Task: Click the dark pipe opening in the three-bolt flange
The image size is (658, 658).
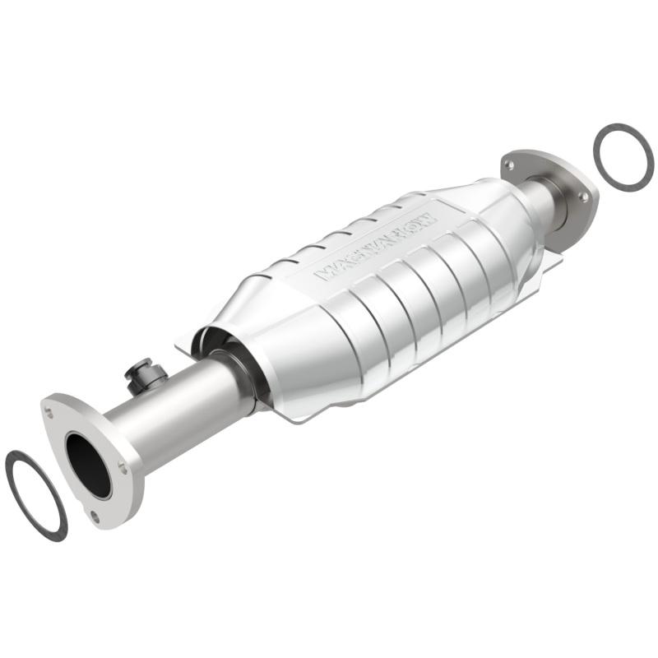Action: (x=88, y=465)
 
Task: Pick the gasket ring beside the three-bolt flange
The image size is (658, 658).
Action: (x=35, y=495)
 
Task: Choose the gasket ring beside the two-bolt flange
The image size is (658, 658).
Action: (x=623, y=157)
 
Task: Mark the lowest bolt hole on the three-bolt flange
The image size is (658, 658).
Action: (x=95, y=516)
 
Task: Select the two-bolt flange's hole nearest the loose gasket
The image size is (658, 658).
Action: (x=583, y=197)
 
